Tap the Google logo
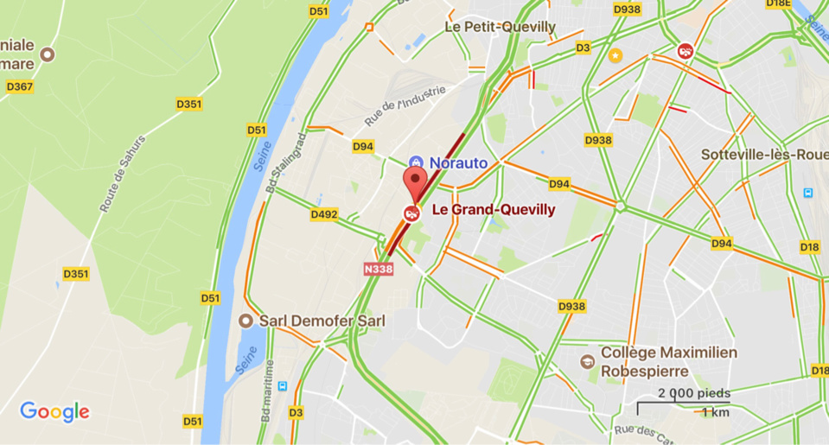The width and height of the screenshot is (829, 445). (54, 411)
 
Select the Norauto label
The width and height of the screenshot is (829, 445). (458, 162)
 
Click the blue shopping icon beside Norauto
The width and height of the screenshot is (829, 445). (415, 162)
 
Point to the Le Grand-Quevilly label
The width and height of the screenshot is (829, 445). (493, 209)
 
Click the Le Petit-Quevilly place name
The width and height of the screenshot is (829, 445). (500, 27)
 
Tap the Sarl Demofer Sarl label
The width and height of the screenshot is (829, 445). (323, 321)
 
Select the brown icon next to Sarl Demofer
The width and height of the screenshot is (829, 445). (247, 321)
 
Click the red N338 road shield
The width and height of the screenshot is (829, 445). (378, 269)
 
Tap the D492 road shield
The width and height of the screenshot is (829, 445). (324, 214)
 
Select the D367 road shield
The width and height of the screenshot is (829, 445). (19, 86)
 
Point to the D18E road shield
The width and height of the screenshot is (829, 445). (778, 3)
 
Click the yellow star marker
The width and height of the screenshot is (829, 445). (615, 56)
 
